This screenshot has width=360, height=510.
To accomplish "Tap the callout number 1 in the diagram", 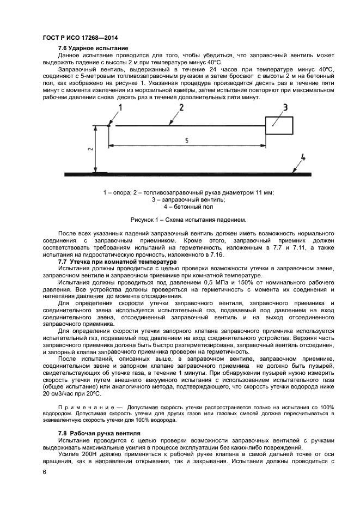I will tap(121, 108).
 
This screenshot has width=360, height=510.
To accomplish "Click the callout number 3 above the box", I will tap(284, 108).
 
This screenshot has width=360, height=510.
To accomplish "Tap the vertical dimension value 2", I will tap(91, 148).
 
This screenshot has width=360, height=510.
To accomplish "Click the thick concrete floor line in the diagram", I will tap(207, 174).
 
